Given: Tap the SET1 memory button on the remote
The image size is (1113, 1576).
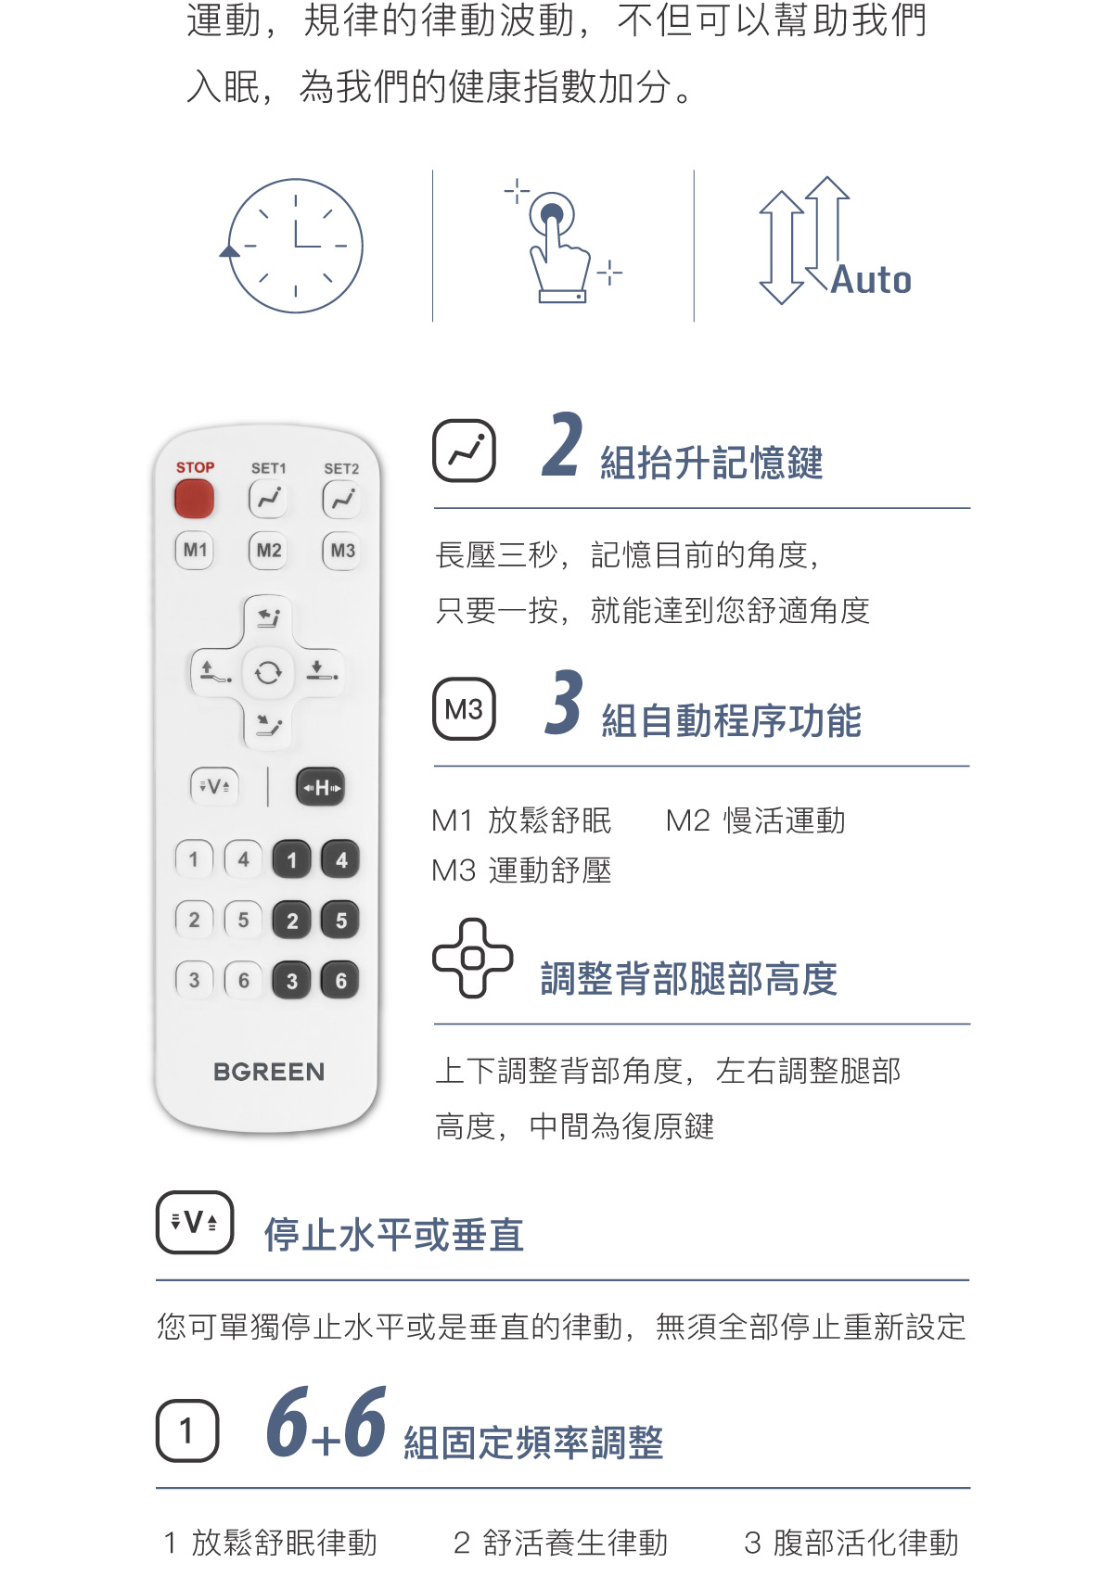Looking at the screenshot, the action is [267, 500].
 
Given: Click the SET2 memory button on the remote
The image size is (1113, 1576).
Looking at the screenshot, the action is [341, 500].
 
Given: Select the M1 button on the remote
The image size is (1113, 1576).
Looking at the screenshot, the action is [194, 550].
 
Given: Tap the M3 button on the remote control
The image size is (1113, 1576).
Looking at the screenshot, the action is [342, 551].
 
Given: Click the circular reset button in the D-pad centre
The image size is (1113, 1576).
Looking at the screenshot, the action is [267, 673].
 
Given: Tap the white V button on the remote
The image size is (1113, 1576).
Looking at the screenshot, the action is [214, 786].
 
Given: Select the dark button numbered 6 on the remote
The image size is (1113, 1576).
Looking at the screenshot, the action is [340, 980].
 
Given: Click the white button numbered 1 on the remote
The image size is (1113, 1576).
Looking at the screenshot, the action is [194, 859].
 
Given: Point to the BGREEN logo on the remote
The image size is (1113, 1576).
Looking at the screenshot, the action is [269, 1072].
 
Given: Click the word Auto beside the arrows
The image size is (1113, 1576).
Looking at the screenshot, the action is [871, 280].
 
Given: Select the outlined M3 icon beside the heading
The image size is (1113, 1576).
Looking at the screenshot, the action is [464, 708].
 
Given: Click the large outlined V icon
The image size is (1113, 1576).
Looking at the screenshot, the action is [194, 1222].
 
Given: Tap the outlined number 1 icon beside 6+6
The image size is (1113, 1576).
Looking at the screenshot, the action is [187, 1430].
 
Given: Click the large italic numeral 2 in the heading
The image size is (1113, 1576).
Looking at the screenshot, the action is [562, 445].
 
